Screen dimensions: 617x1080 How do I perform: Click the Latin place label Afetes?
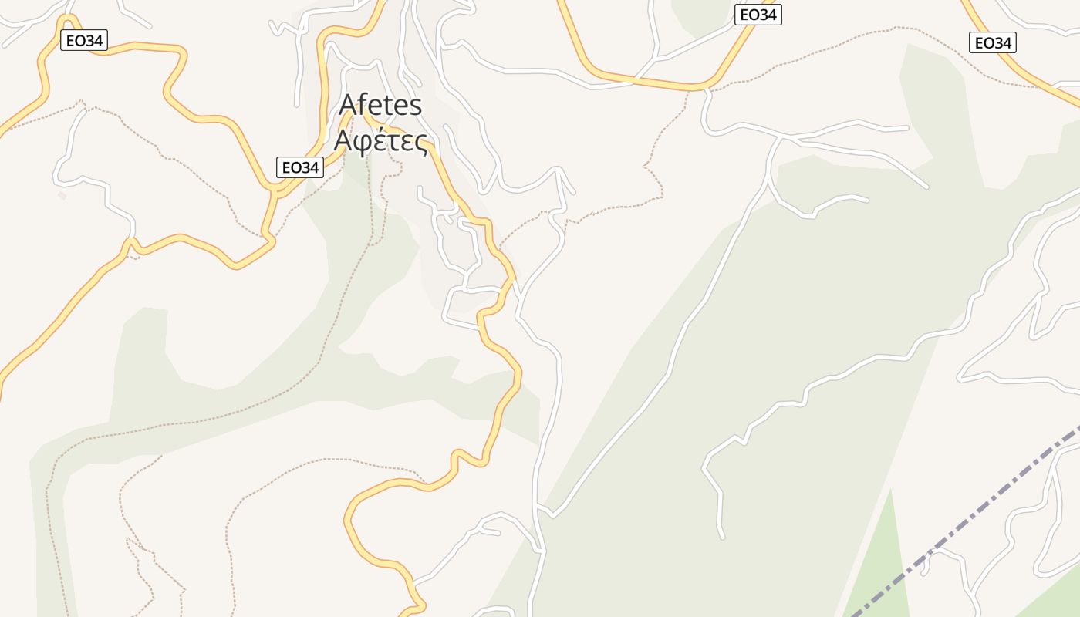click(381, 104)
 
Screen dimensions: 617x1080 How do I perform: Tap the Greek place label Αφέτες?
click(380, 141)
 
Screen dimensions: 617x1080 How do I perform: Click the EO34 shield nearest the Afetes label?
click(300, 167)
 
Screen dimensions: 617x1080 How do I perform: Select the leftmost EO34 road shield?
click(84, 41)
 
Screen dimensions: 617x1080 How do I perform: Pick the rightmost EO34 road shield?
click(993, 43)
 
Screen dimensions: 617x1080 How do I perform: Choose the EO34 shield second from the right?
click(758, 15)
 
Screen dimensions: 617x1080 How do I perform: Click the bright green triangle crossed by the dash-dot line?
click(879, 571)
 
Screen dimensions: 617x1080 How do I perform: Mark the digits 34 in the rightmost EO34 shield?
click(1001, 43)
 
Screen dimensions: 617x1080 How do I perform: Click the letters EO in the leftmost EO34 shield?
click(76, 41)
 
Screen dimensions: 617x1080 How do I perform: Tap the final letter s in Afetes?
click(415, 106)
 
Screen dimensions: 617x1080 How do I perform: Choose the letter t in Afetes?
click(385, 105)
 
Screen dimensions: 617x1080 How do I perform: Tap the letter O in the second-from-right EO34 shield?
click(753, 15)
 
